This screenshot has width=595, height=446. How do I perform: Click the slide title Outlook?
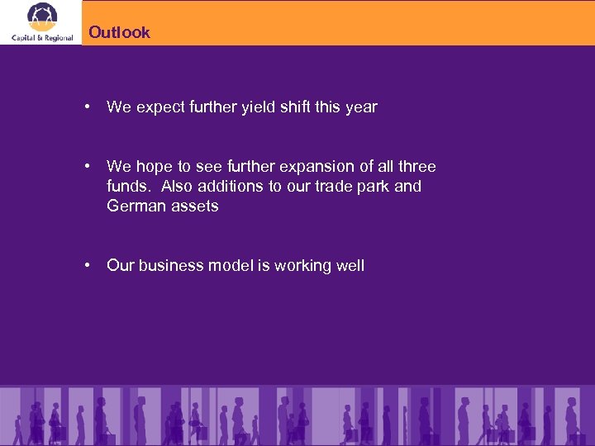pyautogui.click(x=119, y=32)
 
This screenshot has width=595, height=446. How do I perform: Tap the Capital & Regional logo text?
pyautogui.click(x=42, y=37)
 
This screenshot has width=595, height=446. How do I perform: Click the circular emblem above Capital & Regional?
pyautogui.click(x=42, y=17)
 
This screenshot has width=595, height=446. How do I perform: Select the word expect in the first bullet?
pyautogui.click(x=159, y=107)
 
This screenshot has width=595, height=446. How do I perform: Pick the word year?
pyautogui.click(x=362, y=107)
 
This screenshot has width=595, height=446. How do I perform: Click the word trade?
pyautogui.click(x=333, y=186)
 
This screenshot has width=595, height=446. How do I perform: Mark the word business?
pyautogui.click(x=171, y=265)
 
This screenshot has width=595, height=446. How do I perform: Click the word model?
pyautogui.click(x=231, y=265)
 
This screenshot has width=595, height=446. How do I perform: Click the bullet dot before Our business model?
pyautogui.click(x=87, y=265)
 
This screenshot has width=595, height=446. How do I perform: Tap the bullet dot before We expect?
pyautogui.click(x=87, y=107)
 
